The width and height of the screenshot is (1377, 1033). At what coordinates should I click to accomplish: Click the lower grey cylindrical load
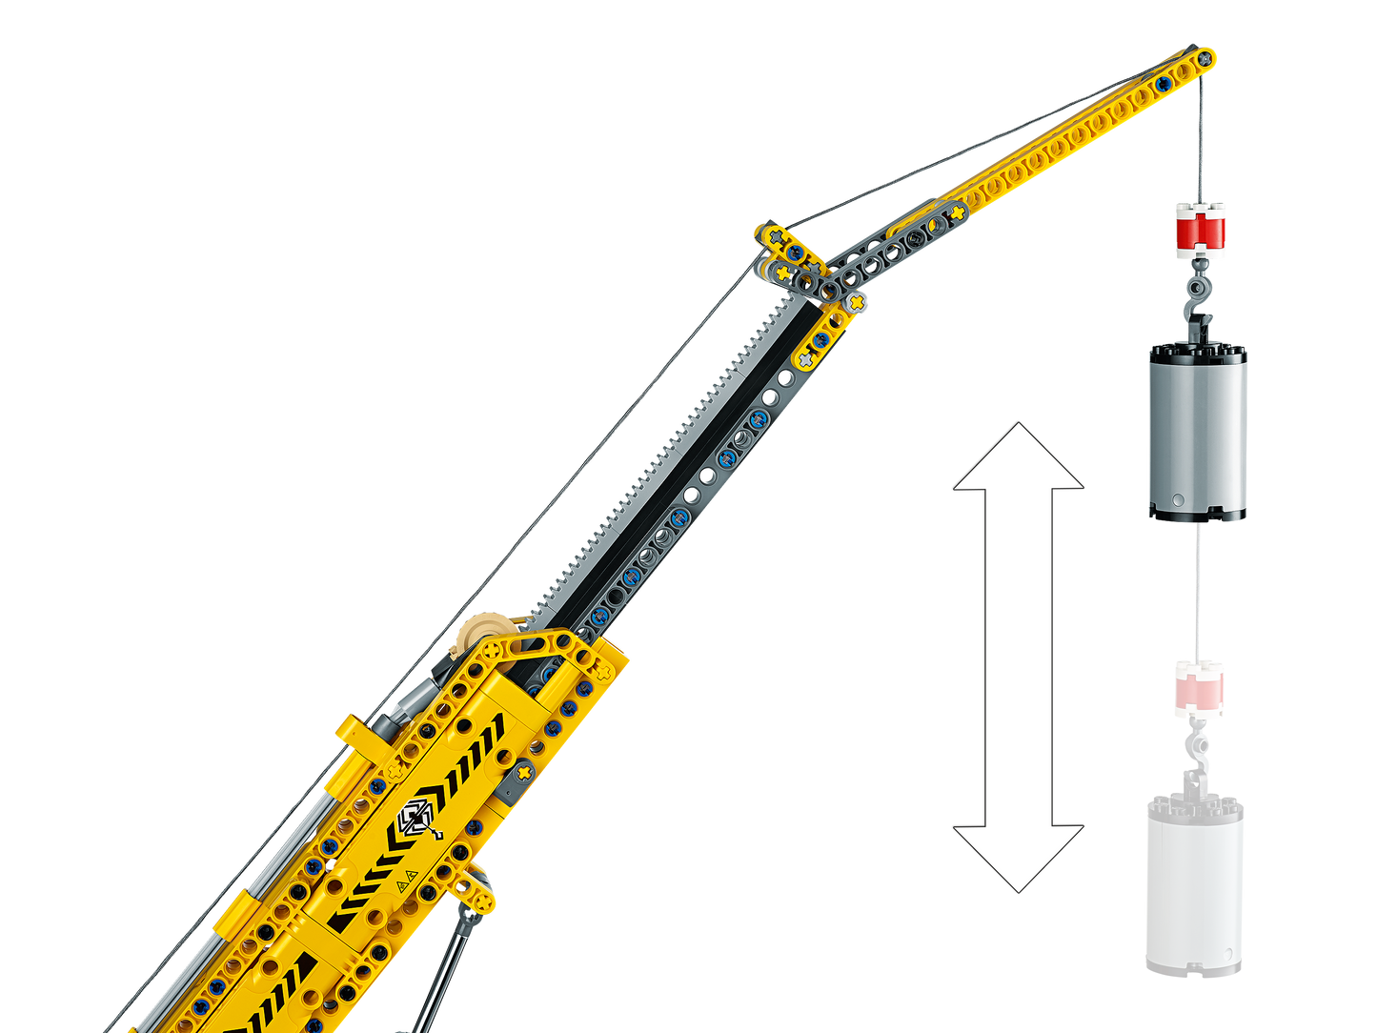tap(1194, 886)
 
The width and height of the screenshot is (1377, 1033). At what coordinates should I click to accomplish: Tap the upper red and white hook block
tap(1200, 231)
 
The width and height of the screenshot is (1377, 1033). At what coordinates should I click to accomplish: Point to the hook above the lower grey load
tap(1195, 753)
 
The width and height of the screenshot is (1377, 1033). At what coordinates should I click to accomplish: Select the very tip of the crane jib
tap(1208, 56)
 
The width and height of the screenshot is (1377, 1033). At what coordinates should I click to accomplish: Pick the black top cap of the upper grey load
tap(1197, 353)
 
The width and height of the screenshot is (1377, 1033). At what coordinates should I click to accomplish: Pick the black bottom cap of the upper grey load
tap(1197, 515)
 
